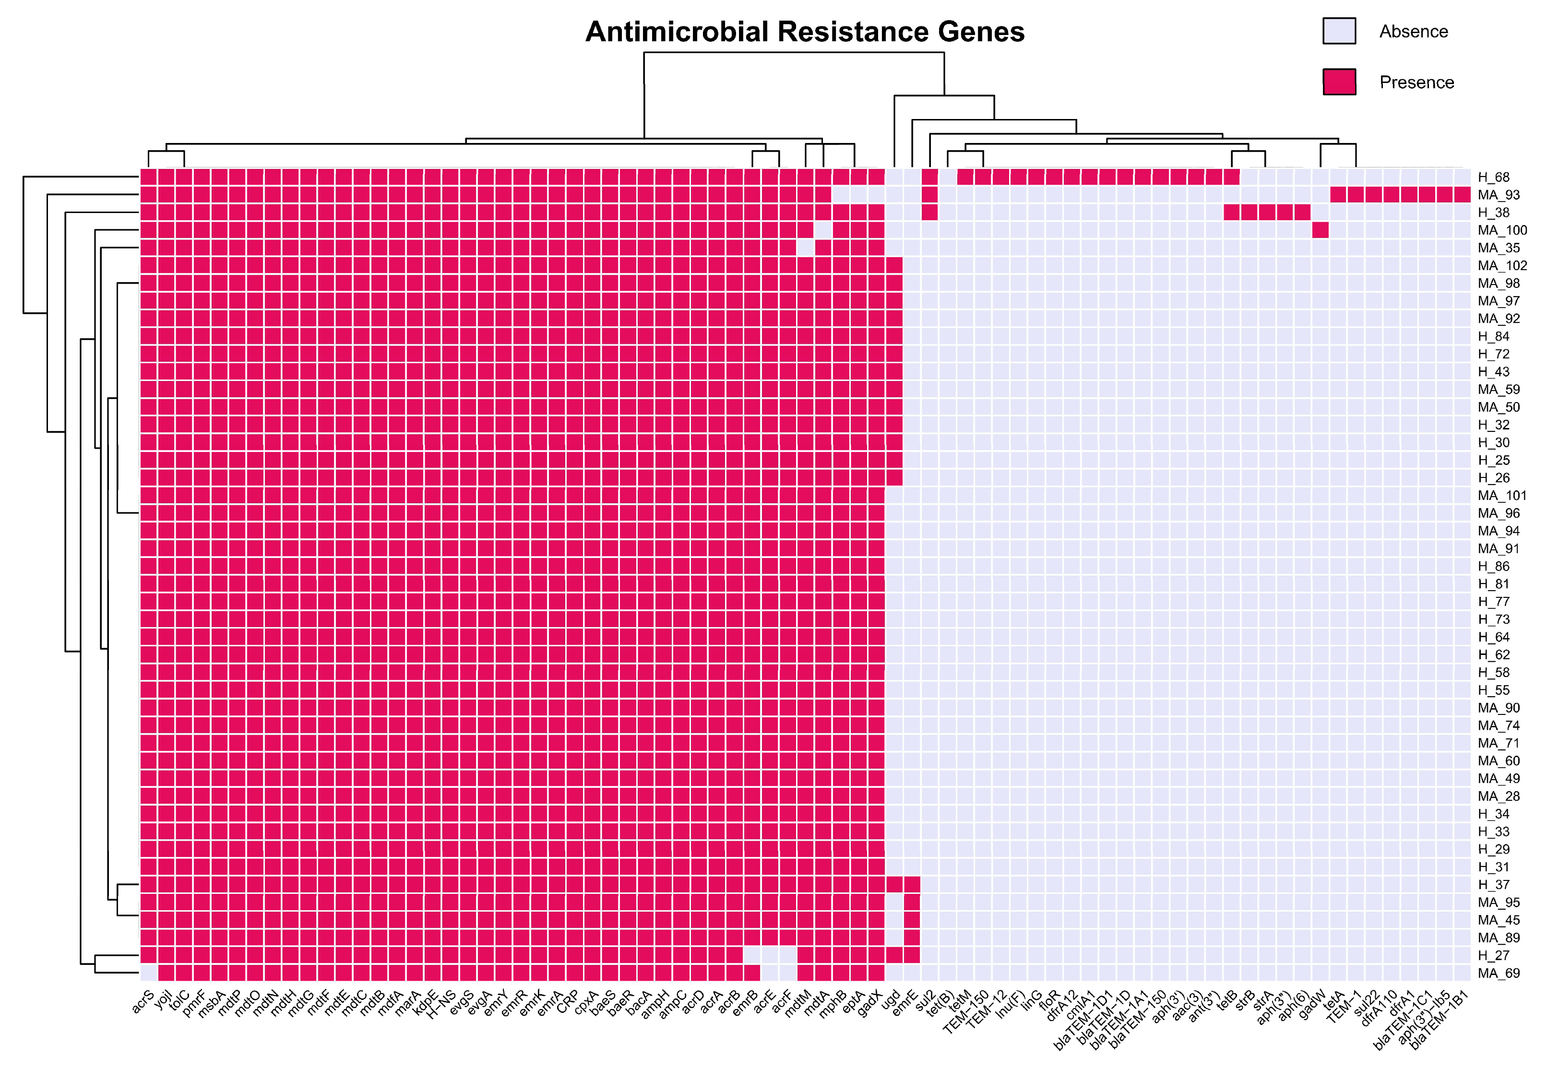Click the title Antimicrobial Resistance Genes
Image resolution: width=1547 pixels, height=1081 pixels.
click(x=805, y=32)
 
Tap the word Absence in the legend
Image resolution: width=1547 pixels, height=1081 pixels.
click(x=1413, y=32)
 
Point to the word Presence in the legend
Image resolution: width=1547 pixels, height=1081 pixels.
click(x=1416, y=82)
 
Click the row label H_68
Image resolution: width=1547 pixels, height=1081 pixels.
click(x=1493, y=177)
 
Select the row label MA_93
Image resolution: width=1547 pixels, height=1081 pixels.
click(x=1499, y=195)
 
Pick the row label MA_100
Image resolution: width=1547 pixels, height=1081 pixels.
click(x=1502, y=230)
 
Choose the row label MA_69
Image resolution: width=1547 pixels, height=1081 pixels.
click(x=1499, y=973)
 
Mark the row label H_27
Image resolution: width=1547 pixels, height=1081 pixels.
click(x=1493, y=956)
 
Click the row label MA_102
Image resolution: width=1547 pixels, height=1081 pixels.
click(x=1502, y=265)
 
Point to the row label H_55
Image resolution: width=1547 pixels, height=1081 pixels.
click(x=1493, y=690)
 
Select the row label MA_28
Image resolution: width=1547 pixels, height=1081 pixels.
click(x=1499, y=796)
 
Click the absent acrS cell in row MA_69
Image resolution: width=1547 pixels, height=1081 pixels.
click(x=149, y=973)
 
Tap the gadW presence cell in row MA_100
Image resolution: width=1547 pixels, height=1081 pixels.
click(x=1320, y=230)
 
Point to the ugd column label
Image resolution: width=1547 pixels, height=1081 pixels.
click(x=892, y=999)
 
